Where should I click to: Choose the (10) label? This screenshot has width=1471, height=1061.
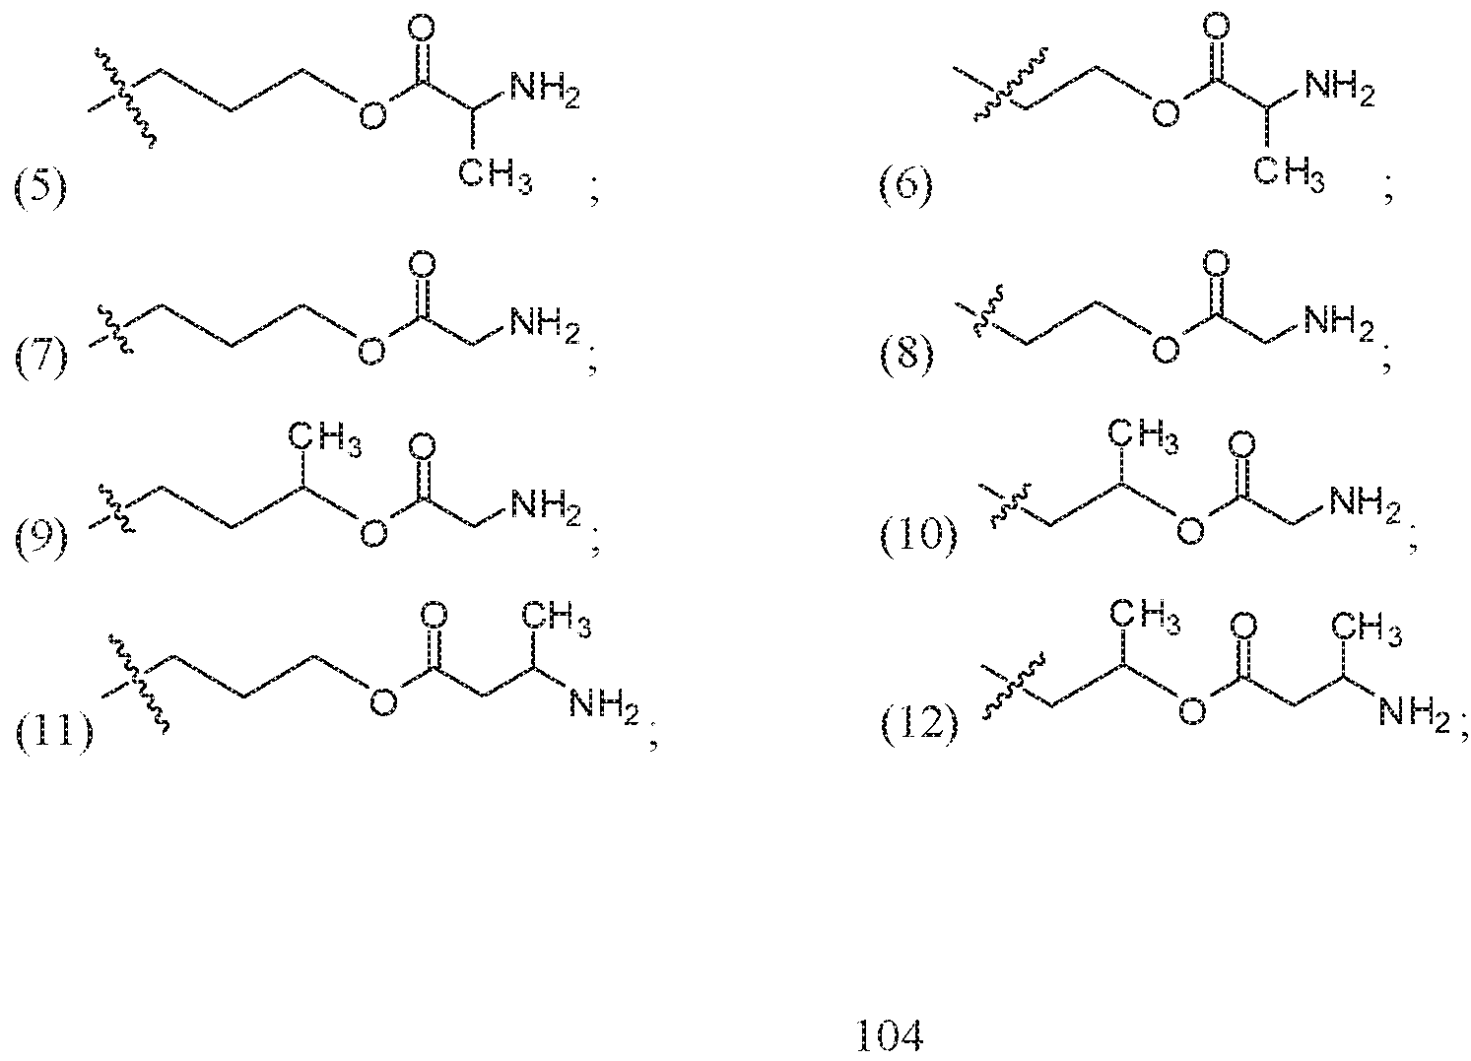[918, 536]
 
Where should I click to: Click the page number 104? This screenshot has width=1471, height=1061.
[890, 1034]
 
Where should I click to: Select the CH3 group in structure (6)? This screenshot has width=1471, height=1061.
[1289, 174]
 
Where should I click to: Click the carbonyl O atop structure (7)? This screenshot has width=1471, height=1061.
[422, 264]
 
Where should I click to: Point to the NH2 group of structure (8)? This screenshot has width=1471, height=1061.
[1339, 323]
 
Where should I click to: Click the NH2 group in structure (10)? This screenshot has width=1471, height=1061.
[1366, 504]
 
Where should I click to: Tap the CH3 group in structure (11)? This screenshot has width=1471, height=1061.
[557, 619]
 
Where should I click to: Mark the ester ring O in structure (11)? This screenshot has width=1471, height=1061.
[383, 702]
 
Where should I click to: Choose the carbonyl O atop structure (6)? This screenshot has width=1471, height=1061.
[1216, 28]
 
